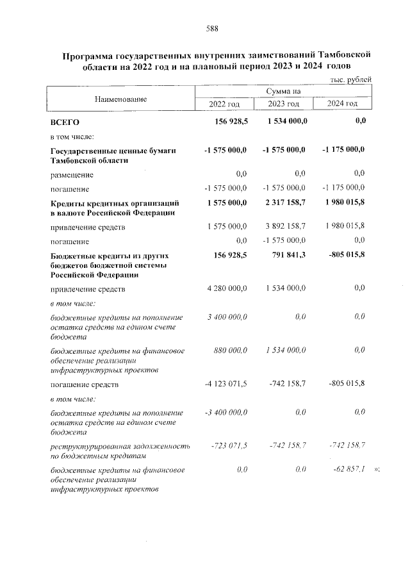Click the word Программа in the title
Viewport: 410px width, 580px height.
click(x=89, y=56)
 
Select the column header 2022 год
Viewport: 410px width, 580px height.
click(x=224, y=104)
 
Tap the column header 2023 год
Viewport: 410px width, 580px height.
click(x=283, y=104)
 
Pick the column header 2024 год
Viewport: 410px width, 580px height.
click(x=342, y=104)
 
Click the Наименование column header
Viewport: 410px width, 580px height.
click(x=120, y=99)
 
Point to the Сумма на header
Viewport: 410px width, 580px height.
click(x=283, y=92)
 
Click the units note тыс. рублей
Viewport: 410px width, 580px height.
click(x=350, y=79)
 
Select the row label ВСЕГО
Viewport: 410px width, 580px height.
click(x=65, y=121)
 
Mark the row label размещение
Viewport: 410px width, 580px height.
click(x=72, y=174)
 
